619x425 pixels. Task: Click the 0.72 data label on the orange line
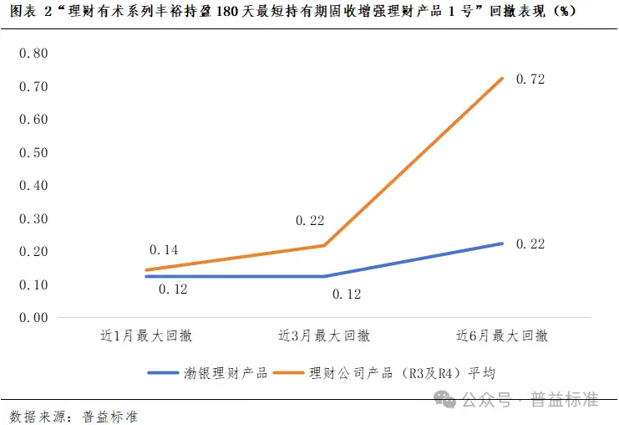(530, 79)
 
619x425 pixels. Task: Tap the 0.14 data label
(164, 250)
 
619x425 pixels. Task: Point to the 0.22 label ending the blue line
(530, 244)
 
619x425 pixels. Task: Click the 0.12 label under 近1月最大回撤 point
(172, 290)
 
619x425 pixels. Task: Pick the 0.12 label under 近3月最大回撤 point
(347, 294)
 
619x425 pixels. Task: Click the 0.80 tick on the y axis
(33, 54)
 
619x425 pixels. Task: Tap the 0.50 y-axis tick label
(33, 152)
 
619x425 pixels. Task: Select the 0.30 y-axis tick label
(33, 218)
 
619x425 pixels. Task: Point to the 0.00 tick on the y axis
(33, 318)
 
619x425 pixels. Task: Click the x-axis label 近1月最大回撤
(146, 336)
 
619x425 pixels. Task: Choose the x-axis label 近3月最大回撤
(324, 336)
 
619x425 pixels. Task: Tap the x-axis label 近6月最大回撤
(502, 336)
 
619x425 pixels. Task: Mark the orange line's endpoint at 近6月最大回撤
(503, 79)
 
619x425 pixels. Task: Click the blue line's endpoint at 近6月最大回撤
(503, 243)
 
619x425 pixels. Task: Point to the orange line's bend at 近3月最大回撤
(324, 245)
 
